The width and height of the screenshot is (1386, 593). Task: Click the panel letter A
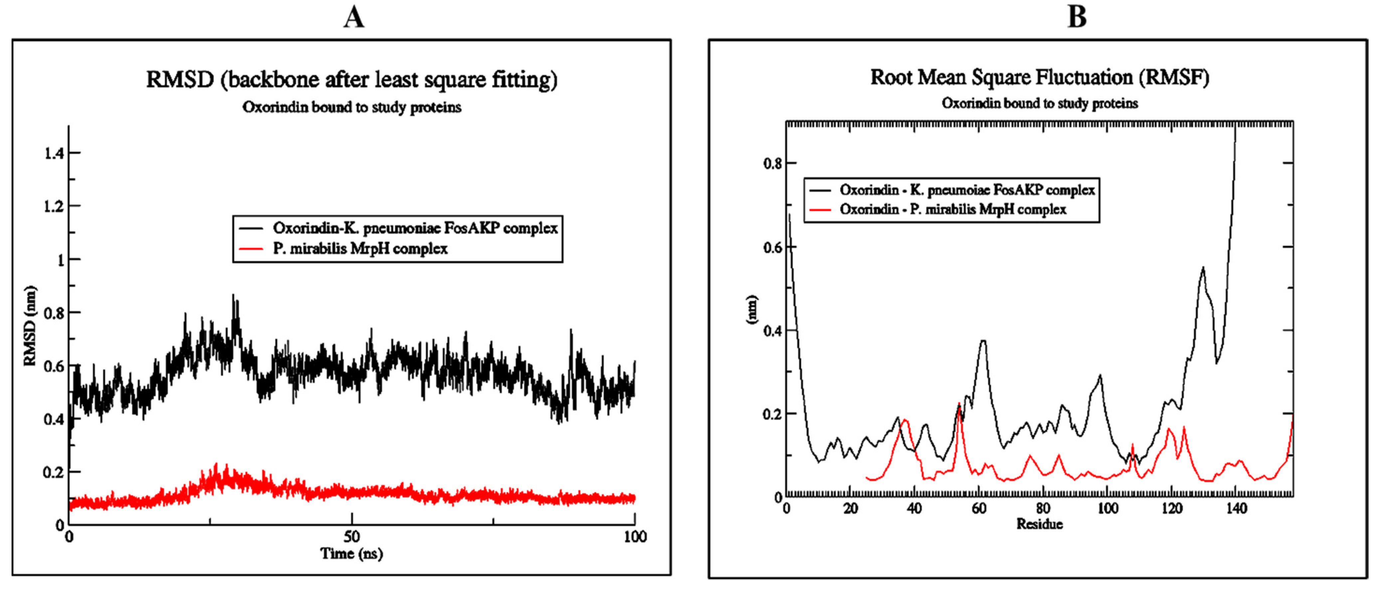(x=353, y=17)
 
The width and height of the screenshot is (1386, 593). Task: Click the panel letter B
(x=1077, y=17)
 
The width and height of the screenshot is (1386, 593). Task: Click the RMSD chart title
(x=351, y=79)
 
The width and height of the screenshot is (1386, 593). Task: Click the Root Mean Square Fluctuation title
(x=1040, y=77)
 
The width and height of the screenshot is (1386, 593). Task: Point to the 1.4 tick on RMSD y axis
(x=54, y=154)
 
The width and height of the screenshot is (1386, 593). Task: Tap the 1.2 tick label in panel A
(x=54, y=207)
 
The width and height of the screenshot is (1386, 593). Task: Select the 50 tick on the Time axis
(x=351, y=536)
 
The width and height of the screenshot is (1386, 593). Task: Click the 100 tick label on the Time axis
(x=635, y=536)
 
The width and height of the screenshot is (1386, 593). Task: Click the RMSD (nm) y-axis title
(x=30, y=326)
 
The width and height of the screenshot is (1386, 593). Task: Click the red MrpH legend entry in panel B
(x=952, y=209)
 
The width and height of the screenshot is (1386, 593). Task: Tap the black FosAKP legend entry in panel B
(x=967, y=190)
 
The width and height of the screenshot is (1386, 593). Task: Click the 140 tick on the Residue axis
(x=1236, y=508)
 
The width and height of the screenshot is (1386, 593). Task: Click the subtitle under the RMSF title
(x=1040, y=103)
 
